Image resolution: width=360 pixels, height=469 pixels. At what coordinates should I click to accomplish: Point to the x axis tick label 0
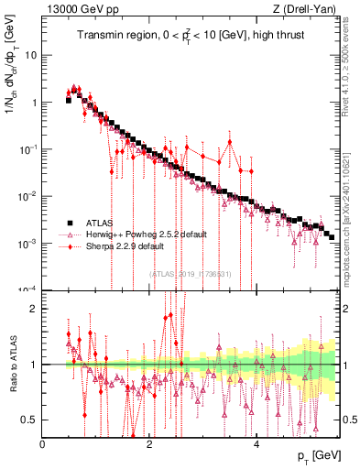point(42,443)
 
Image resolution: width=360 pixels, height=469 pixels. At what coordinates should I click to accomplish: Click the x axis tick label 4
point(256,443)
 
